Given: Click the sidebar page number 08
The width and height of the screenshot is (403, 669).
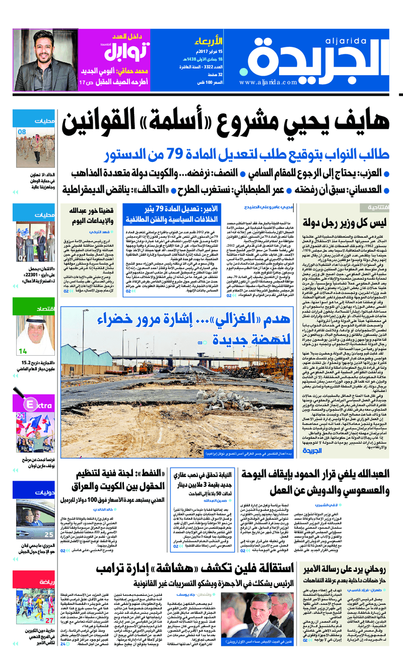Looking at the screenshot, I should [x=23, y=132].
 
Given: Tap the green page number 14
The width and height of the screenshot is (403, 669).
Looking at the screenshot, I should [x=23, y=351].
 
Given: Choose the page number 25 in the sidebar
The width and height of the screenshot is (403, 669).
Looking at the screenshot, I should [x=49, y=534].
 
